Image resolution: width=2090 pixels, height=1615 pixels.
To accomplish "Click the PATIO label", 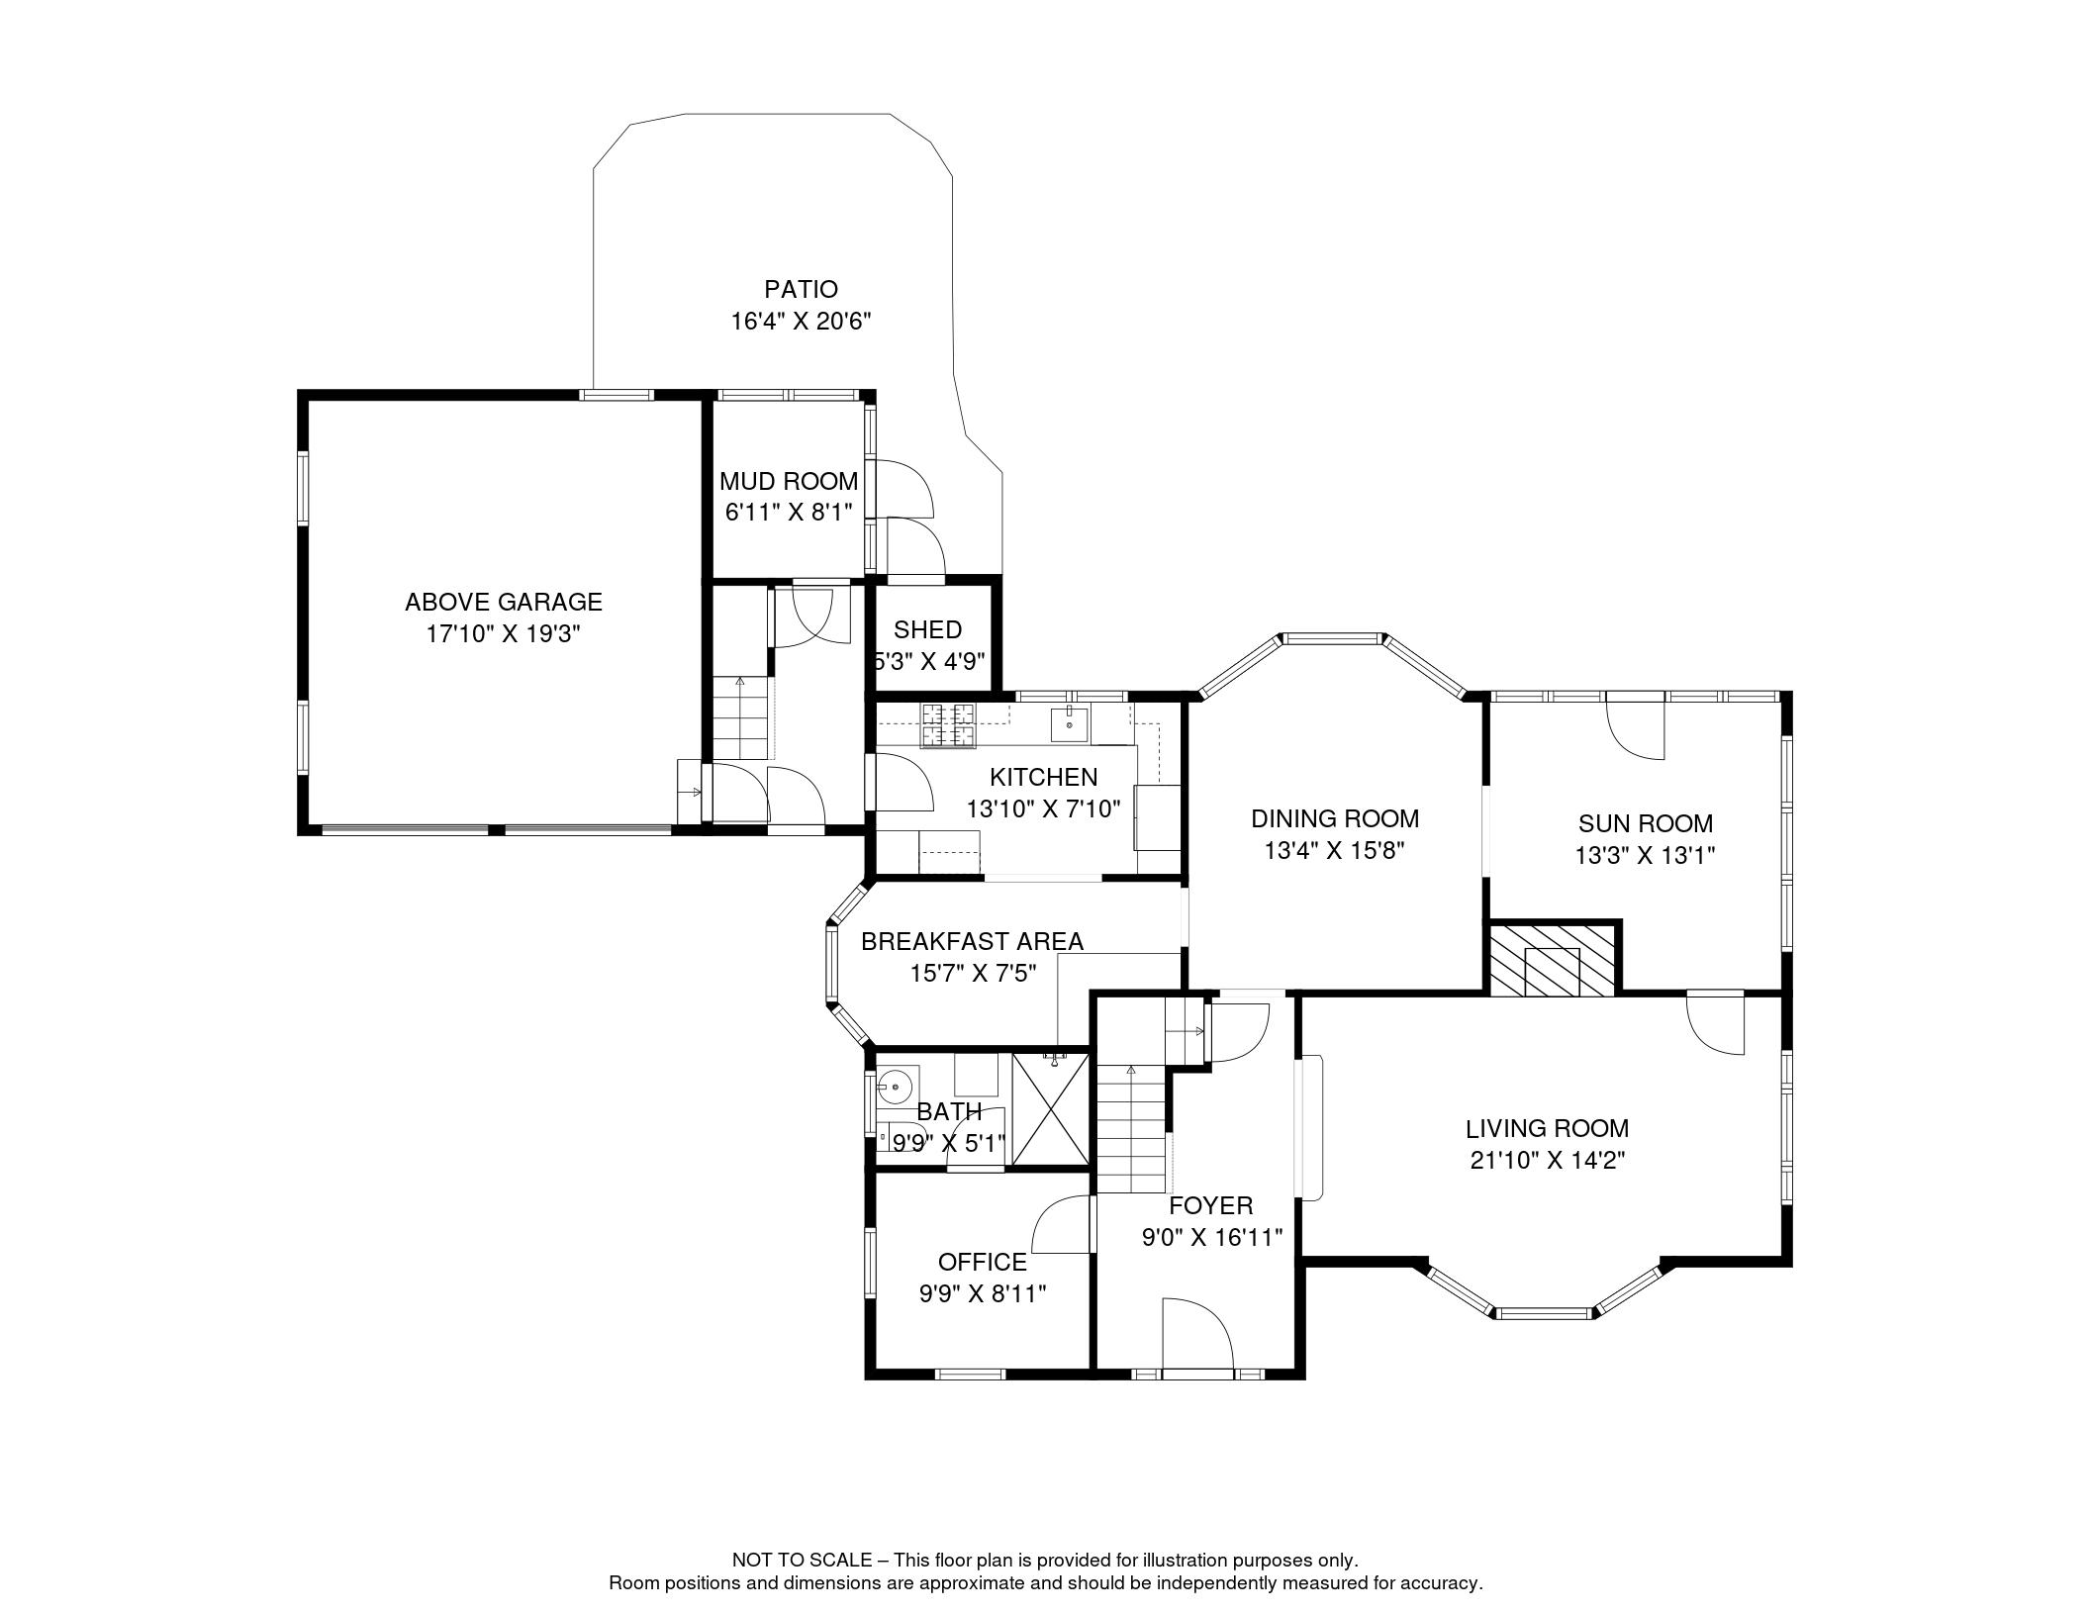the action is pyautogui.click(x=801, y=289).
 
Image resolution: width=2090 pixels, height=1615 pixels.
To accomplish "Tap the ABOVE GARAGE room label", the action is pyautogui.click(x=504, y=602).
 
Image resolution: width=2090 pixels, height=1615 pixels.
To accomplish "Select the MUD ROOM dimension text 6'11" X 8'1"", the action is pyautogui.click(x=789, y=513).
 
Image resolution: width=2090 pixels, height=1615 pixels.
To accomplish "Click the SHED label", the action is pyautogui.click(x=927, y=629).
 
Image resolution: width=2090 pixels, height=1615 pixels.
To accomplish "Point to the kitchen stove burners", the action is pyautogui.click(x=949, y=724).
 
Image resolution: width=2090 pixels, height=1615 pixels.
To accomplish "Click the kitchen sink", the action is pyautogui.click(x=1070, y=724).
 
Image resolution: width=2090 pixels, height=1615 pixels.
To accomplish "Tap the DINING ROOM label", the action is pyautogui.click(x=1335, y=818).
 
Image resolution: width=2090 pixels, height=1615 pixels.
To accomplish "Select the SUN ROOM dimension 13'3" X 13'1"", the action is pyautogui.click(x=1645, y=855).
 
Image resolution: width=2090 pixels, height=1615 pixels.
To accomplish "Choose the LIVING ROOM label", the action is pyautogui.click(x=1548, y=1128).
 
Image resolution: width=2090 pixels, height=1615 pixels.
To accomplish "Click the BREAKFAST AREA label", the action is pyautogui.click(x=972, y=941).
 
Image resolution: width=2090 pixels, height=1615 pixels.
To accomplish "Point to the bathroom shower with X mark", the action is pyautogui.click(x=1050, y=1109).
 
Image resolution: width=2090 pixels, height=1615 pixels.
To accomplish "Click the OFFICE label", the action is pyautogui.click(x=983, y=1262).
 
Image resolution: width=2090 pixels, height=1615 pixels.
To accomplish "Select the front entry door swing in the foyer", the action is pyautogui.click(x=1197, y=1333).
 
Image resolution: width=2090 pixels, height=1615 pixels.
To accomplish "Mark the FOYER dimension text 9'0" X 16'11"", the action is pyautogui.click(x=1212, y=1237).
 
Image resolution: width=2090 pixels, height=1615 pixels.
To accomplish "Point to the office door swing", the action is pyautogui.click(x=1062, y=1224).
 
